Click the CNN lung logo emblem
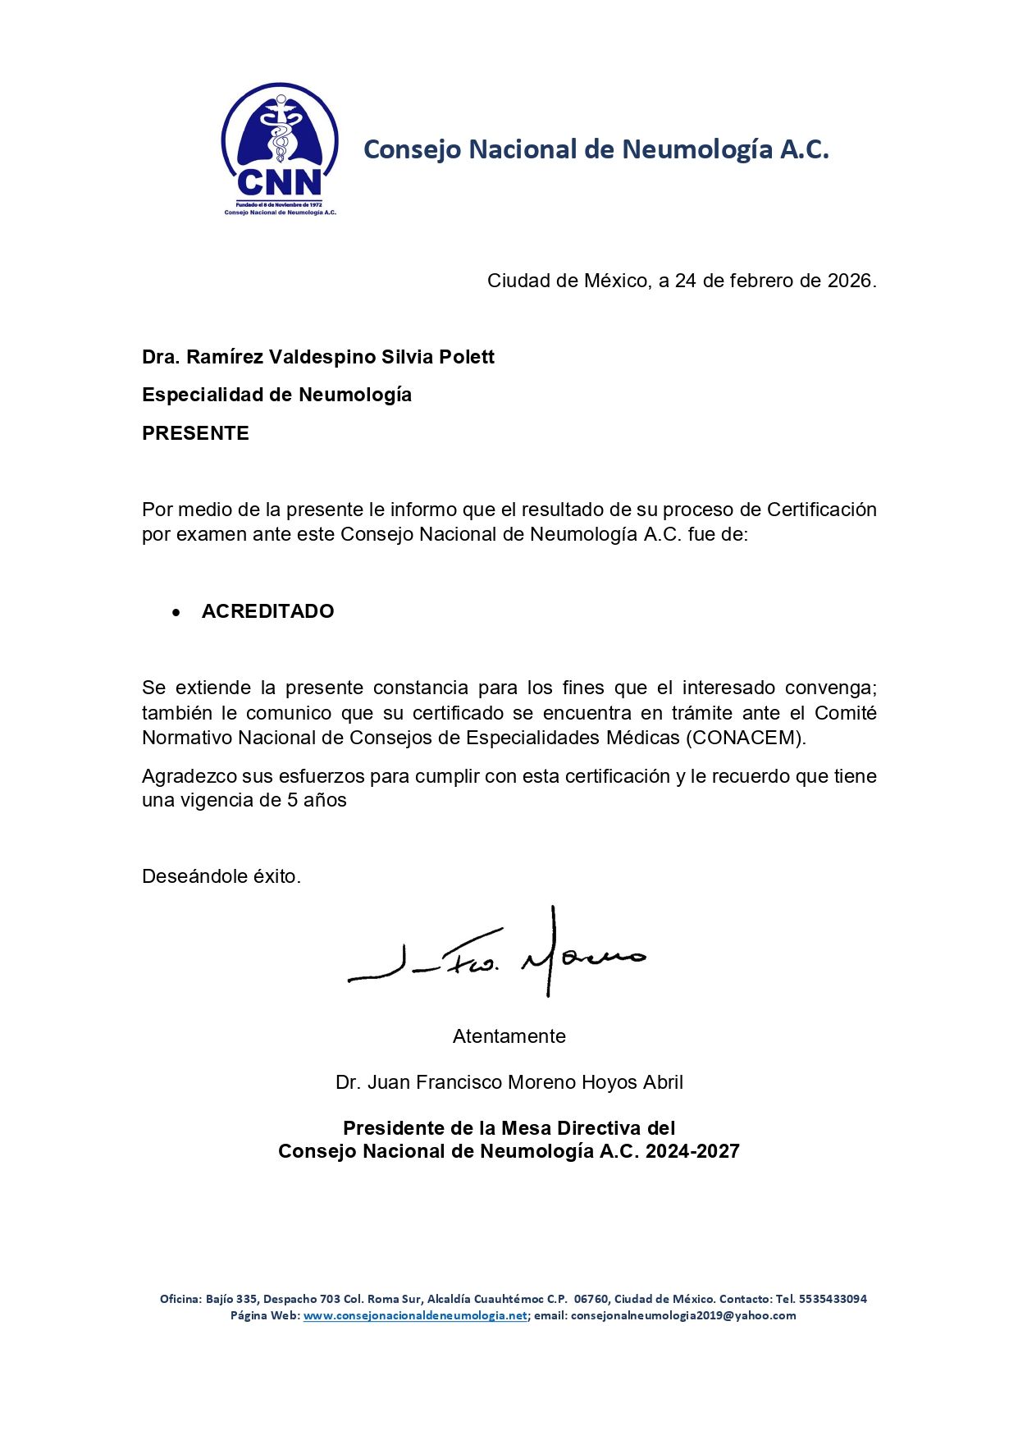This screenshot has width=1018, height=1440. [x=280, y=148]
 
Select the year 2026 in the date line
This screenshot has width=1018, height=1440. [x=849, y=281]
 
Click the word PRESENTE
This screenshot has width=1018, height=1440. [x=195, y=433]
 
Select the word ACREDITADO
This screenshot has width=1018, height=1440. [x=267, y=611]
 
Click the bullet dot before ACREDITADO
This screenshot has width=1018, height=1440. [x=176, y=612]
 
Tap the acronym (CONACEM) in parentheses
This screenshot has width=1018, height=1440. [x=745, y=738]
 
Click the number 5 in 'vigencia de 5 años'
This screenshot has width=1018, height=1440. [x=292, y=800]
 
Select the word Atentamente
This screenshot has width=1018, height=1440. [x=509, y=1036]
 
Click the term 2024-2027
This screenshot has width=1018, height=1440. [x=692, y=1151]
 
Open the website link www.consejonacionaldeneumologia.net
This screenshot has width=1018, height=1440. [x=415, y=1315]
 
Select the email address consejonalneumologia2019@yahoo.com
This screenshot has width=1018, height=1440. [x=683, y=1315]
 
